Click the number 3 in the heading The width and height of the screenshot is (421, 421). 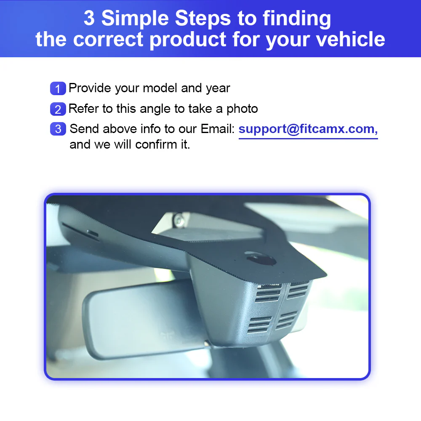(x=89, y=19)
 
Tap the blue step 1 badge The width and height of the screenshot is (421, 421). (x=58, y=89)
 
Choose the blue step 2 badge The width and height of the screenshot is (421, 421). (x=58, y=109)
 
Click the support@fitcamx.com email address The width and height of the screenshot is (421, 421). (x=308, y=129)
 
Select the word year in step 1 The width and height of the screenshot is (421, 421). (x=218, y=88)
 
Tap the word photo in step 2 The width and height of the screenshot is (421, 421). (x=242, y=109)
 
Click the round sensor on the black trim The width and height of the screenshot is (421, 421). (x=256, y=257)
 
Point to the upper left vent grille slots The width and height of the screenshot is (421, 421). (x=268, y=292)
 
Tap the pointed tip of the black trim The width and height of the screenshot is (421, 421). (x=325, y=276)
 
